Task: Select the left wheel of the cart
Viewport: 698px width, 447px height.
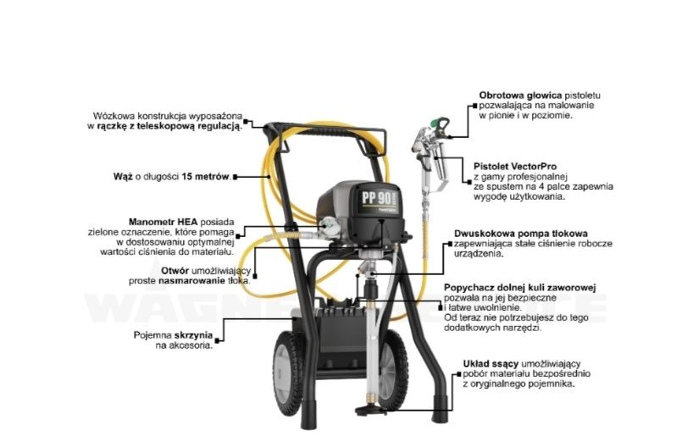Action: [x=289, y=373]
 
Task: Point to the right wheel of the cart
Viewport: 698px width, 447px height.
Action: [x=393, y=368]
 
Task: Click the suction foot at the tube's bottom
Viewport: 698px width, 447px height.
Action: [x=371, y=410]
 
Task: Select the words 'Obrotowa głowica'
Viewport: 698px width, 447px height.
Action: [x=520, y=95]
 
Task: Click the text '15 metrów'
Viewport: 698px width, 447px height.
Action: [x=205, y=177]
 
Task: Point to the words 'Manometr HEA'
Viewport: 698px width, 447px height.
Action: [x=163, y=222]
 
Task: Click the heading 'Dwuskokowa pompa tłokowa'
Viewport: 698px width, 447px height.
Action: [x=521, y=234]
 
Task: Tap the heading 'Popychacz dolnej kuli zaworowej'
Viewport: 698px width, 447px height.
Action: [x=520, y=288]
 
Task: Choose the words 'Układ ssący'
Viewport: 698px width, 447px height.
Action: [x=490, y=364]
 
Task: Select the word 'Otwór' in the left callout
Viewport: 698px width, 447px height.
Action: [x=175, y=271]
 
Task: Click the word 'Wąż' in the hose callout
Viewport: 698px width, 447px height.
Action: [x=123, y=177]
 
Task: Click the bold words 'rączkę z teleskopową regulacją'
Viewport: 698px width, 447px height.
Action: [x=169, y=126]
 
